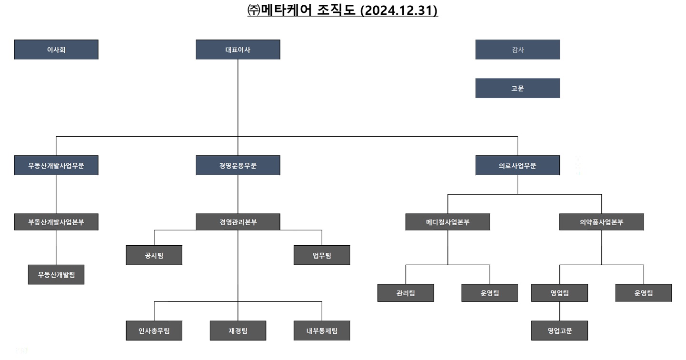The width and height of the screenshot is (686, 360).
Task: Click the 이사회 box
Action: [56, 50]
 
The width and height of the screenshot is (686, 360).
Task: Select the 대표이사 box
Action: [238, 50]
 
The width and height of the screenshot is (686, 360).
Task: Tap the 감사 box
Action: [517, 50]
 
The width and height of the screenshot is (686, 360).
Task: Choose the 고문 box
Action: [517, 88]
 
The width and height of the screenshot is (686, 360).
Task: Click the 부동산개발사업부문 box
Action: [56, 166]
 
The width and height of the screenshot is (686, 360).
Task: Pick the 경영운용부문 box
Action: [238, 166]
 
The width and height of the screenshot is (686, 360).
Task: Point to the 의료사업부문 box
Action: [517, 166]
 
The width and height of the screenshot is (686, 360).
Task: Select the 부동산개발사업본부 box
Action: [56, 222]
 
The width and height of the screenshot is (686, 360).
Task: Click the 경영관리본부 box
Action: [238, 222]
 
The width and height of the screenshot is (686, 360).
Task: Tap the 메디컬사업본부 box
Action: [447, 222]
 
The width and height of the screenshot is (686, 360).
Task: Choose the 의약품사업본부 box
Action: [601, 222]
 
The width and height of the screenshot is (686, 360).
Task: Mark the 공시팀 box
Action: [154, 255]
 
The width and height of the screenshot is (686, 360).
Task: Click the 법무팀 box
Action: [322, 255]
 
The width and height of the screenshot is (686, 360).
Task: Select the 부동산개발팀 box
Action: [56, 275]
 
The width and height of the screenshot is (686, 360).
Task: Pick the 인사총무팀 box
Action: [154, 330]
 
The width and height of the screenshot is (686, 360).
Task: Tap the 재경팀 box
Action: [238, 330]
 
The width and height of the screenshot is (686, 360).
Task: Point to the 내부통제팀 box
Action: [322, 330]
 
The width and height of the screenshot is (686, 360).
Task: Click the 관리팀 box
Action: [406, 293]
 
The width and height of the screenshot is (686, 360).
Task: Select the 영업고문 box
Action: [559, 330]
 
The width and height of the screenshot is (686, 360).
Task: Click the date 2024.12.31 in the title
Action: [399, 10]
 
